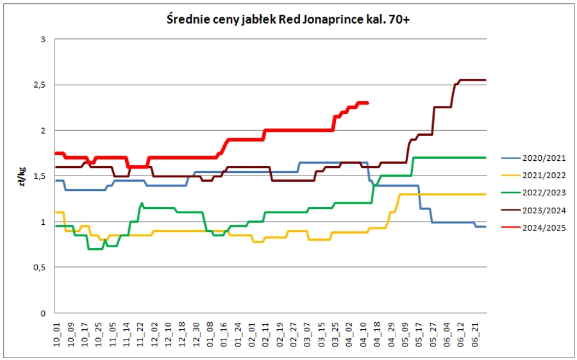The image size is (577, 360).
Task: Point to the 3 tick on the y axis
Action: pyautogui.click(x=44, y=39)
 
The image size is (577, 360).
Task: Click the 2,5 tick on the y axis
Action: pyautogui.click(x=42, y=85)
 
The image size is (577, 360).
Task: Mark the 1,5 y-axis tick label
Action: pyautogui.click(x=42, y=176)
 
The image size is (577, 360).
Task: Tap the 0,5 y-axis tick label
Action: pyautogui.click(x=42, y=268)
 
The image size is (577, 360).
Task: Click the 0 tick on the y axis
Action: pyautogui.click(x=44, y=313)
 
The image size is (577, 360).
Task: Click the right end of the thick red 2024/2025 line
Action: pyautogui.click(x=367, y=102)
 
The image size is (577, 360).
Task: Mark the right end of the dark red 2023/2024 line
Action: pyautogui.click(x=486, y=80)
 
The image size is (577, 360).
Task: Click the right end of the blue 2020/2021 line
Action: pyautogui.click(x=486, y=227)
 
